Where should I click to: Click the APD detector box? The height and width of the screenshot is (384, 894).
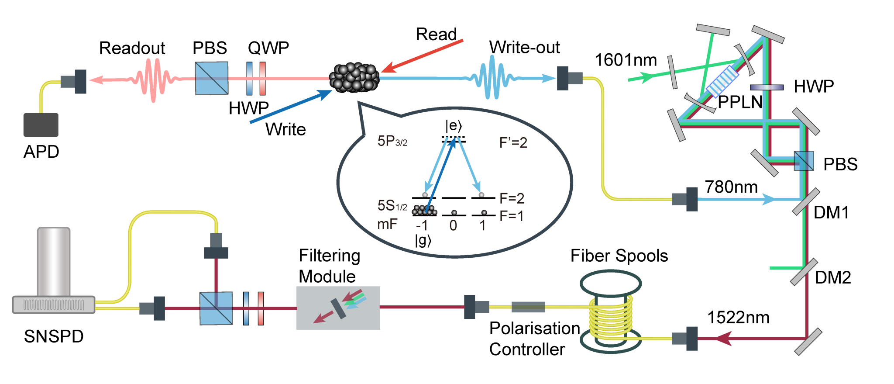coord(41,125)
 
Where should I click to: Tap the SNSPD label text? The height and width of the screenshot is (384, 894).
coord(54,336)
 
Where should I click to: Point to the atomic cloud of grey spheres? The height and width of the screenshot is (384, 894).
coord(354,77)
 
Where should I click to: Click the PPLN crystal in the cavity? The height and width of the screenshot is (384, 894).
coord(722,81)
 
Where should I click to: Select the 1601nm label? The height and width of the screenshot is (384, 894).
coord(626,60)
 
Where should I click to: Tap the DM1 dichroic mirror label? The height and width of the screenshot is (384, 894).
coord(831,213)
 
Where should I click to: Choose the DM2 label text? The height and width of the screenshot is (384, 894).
coord(832,277)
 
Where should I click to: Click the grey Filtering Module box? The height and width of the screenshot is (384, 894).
coord(338,308)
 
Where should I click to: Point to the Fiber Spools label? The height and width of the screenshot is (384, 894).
coord(619,256)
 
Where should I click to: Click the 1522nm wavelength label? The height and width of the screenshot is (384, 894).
coord(738,318)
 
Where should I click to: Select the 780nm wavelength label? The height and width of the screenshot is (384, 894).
coord(731,187)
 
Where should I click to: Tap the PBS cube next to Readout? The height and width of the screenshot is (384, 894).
coord(211,78)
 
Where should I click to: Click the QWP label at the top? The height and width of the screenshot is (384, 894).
coord(268,48)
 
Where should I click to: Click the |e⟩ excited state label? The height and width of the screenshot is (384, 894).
coord(453,126)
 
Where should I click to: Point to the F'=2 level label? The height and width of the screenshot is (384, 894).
coord(513,143)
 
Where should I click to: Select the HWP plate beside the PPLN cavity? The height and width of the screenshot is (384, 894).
coord(767,87)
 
